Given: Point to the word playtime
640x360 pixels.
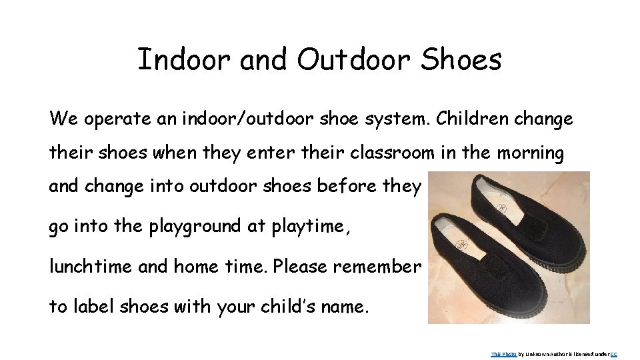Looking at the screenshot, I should coord(309,227).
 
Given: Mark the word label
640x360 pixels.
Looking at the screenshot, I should coord(89,307).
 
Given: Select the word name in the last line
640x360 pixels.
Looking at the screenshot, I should coord(344,307).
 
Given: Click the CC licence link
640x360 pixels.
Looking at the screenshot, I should coord(614,354).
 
